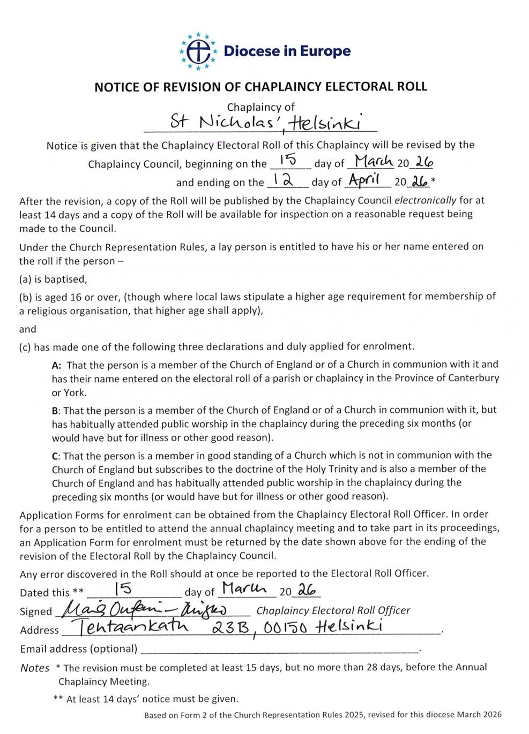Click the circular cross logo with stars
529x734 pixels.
198,51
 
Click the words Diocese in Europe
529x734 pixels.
287,51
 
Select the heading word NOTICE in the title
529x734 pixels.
115,87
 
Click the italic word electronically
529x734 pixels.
426,201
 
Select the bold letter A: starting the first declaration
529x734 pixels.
57,365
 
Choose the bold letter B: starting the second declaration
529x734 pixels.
57,411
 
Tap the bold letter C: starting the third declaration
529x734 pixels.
57,456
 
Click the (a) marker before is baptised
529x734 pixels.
25,279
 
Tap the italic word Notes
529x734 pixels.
34,668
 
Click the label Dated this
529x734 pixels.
44,593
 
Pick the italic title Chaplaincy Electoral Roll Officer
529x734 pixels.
333,610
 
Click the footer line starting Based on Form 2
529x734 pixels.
323,715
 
